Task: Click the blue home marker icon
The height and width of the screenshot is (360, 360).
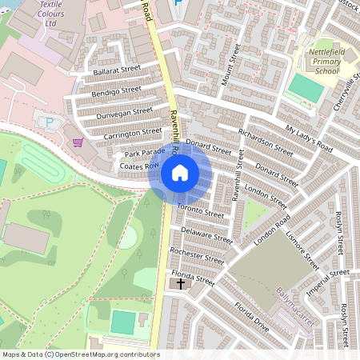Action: [x=179, y=172]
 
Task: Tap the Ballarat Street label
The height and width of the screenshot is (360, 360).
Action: [x=117, y=71]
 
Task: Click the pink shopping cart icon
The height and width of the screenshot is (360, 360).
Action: [x=100, y=142]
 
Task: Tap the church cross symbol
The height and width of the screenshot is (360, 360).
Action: [x=181, y=283]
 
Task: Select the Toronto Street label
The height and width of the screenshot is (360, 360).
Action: [x=202, y=214]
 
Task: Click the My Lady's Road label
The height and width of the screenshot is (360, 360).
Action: [x=309, y=138]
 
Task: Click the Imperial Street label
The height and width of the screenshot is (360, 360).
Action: [x=328, y=281]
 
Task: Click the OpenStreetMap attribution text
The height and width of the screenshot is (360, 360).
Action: [x=81, y=354]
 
